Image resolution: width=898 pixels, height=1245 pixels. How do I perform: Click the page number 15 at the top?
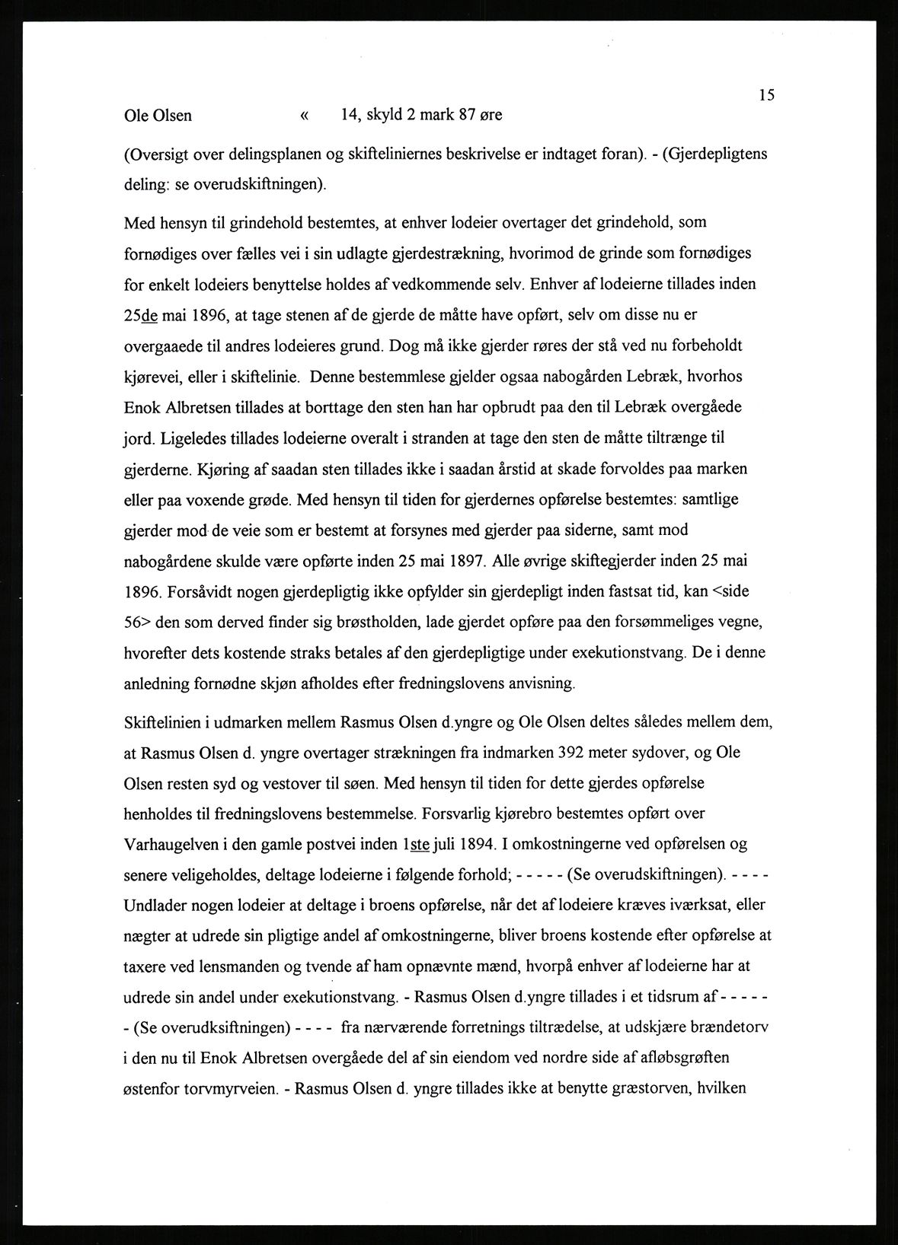pyautogui.click(x=766, y=95)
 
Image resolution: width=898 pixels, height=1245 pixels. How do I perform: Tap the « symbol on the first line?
pyautogui.click(x=305, y=116)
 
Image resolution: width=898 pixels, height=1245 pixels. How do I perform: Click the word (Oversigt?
pyautogui.click(x=157, y=154)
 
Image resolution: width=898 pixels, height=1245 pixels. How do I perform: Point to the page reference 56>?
pyautogui.click(x=138, y=622)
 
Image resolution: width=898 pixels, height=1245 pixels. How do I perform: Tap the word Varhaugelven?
pyautogui.click(x=170, y=845)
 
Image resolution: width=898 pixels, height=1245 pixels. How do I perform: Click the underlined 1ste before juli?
pyautogui.click(x=417, y=845)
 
